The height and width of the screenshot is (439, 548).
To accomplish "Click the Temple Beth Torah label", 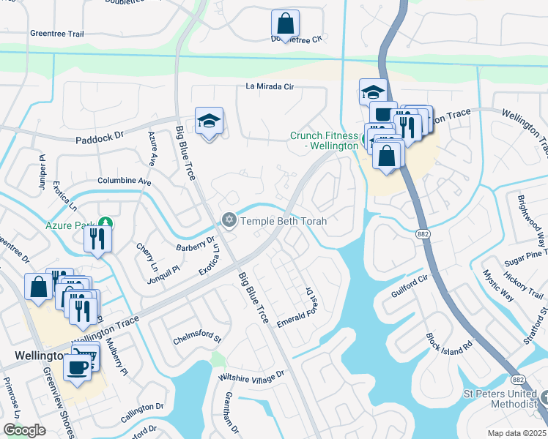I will coord(284,220).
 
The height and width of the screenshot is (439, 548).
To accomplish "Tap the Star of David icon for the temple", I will coord(229,219).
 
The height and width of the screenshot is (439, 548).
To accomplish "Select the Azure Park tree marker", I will coord(105,224).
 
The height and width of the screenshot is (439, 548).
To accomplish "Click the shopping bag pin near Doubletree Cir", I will coord(284,24).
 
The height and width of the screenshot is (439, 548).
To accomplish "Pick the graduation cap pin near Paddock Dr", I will coord(209,121).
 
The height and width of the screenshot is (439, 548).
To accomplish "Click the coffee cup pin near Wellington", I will coord(78,368).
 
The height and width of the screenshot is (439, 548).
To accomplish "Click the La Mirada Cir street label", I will coord(269,87).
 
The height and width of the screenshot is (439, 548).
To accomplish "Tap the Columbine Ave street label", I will coord(124,181).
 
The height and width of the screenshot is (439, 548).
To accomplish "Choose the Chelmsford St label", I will coord(197,339).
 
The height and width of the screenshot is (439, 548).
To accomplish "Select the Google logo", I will coord(24,429).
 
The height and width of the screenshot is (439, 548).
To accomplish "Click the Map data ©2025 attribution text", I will coord(516,433).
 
